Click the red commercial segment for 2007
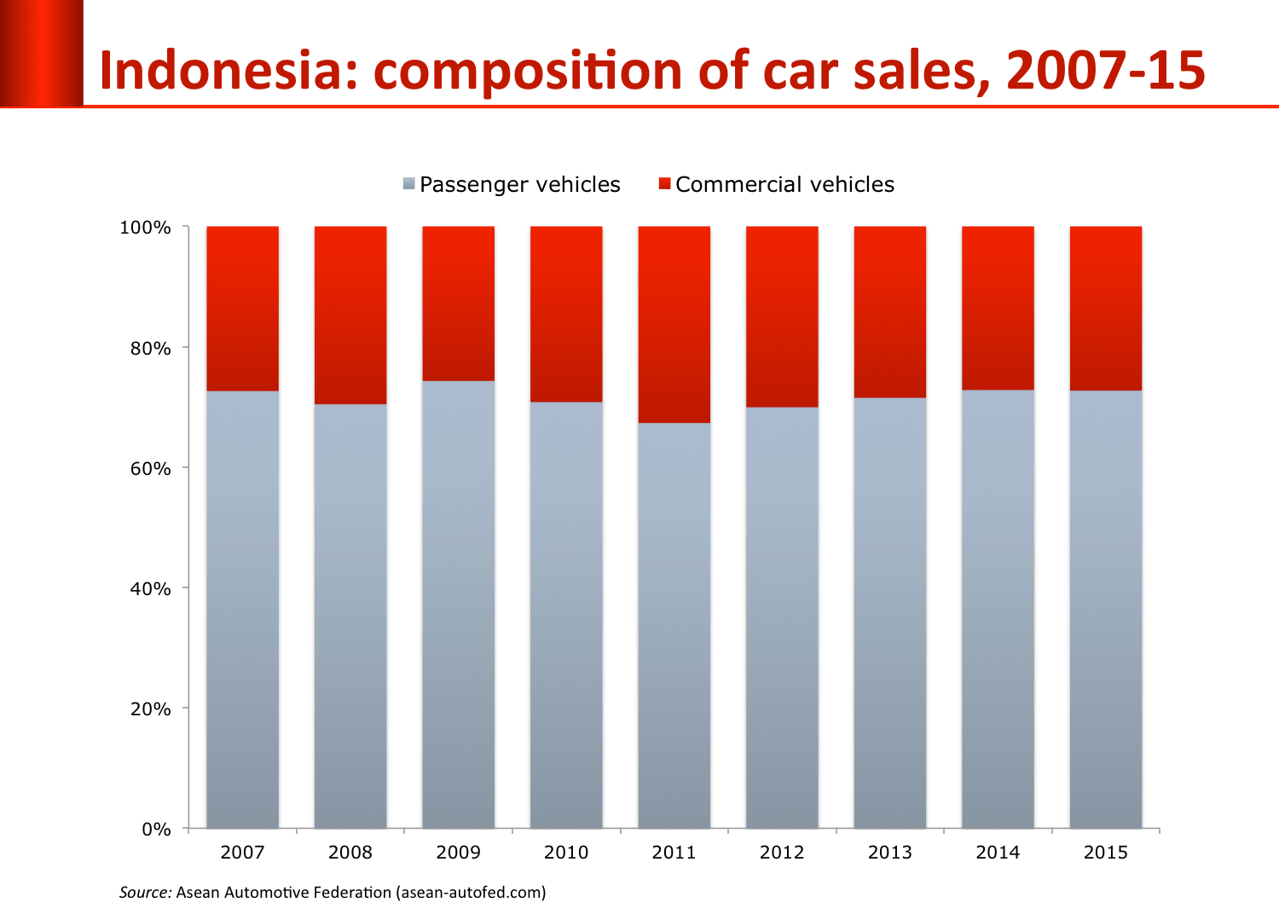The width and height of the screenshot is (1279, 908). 242,309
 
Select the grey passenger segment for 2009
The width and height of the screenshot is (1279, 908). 458,604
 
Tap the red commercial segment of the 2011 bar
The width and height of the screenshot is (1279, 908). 674,325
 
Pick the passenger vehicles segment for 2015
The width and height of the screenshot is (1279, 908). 1105,609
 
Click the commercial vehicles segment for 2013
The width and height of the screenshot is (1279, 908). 889,312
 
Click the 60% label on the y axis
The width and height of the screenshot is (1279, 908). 150,469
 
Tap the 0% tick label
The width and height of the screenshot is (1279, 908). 155,830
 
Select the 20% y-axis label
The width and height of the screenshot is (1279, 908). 150,709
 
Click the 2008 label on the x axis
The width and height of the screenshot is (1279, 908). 350,853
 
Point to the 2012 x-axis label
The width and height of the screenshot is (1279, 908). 782,853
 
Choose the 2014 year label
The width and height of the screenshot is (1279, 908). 998,853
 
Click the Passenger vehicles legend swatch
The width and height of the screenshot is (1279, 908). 409,184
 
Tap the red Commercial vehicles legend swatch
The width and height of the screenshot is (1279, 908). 665,184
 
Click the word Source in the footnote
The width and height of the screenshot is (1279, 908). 145,893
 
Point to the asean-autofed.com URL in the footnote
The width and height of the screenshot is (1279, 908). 470,893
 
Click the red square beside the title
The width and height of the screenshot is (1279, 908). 41,53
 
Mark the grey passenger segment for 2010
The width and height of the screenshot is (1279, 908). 566,614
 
